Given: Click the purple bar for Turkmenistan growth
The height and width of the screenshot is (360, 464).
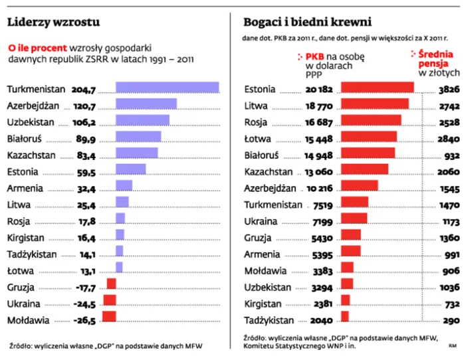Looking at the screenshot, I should tap(167, 88).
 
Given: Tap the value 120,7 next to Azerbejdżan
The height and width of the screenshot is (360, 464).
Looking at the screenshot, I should tap(84, 105).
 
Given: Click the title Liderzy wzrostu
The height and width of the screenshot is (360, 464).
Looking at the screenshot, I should tap(53, 22).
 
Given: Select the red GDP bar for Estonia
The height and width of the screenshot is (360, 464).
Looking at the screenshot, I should tap(377, 88).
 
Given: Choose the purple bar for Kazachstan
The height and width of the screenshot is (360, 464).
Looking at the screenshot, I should tap(136, 153).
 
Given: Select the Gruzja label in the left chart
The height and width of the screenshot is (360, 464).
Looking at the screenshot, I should tap(21, 287).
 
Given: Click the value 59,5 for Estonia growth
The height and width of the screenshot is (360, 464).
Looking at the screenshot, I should tap(86, 169).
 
